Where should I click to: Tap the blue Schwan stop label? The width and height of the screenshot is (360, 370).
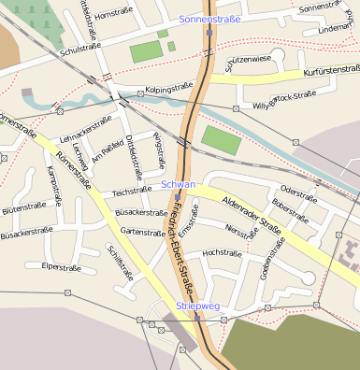(178, 184)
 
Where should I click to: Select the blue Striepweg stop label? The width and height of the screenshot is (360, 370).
(198, 306)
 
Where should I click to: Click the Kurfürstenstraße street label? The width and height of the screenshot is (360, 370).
(332, 70)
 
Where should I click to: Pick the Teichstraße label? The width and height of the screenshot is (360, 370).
(132, 192)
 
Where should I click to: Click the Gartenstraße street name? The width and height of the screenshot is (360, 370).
(143, 232)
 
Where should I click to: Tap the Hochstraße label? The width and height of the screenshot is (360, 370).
(222, 252)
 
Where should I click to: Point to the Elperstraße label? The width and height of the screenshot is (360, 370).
(62, 266)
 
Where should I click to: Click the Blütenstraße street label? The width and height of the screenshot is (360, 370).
(23, 209)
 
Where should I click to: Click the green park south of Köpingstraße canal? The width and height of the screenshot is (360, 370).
(221, 140)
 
